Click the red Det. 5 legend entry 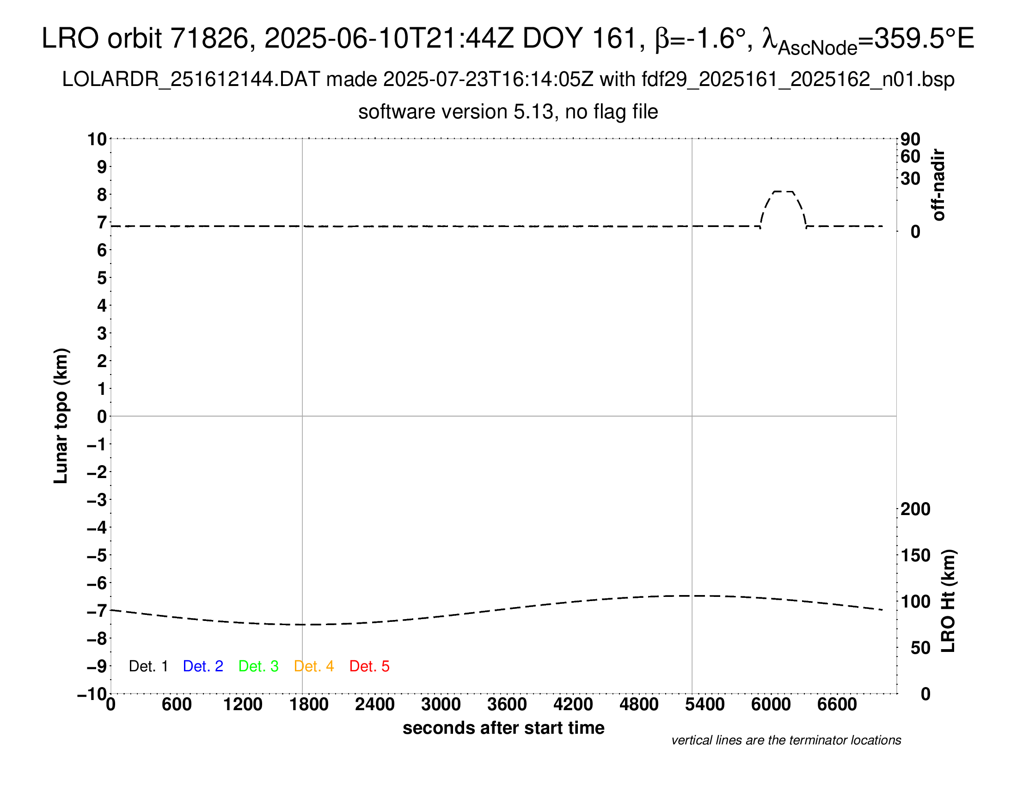point(369,666)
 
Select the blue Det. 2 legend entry point(203,666)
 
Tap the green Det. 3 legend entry point(258,666)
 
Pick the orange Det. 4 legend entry point(314,666)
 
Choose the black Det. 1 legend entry point(148,666)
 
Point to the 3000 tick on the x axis point(441,705)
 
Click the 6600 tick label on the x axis point(837,705)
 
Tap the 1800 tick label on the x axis point(309,705)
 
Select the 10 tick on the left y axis point(98,139)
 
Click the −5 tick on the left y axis point(97,555)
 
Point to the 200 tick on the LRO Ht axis point(915,510)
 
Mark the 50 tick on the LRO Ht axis point(920,648)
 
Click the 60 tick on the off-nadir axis point(910,156)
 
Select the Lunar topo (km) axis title point(61,416)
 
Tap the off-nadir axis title point(938,185)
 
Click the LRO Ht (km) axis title point(948,601)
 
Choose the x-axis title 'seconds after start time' point(503,728)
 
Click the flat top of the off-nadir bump point(783,191)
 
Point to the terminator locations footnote point(786,740)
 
